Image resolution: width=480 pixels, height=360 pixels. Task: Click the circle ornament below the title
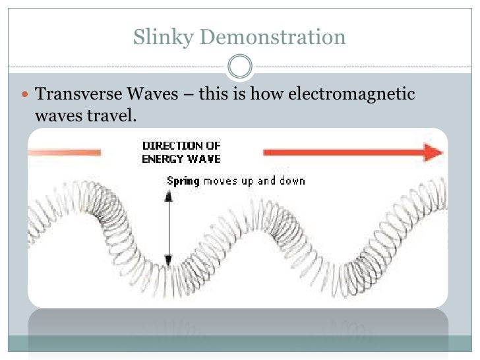click(x=239, y=66)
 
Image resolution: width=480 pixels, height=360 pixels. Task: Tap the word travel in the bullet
click(x=115, y=116)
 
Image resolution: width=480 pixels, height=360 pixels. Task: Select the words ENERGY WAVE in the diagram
click(x=181, y=158)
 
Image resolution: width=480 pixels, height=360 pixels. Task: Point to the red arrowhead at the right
click(x=433, y=152)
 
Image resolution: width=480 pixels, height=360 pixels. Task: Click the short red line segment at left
click(x=64, y=152)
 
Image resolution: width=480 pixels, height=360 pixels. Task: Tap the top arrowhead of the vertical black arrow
click(x=169, y=194)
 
